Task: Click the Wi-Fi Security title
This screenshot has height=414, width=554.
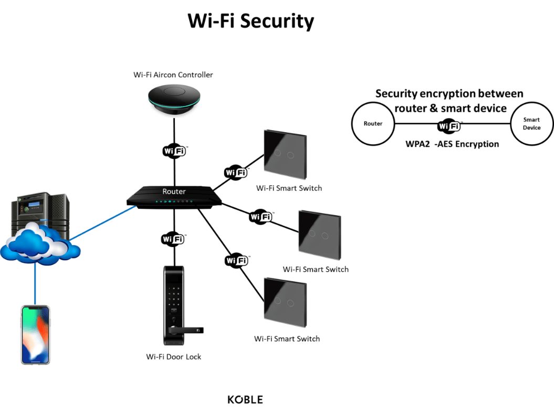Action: point(250,22)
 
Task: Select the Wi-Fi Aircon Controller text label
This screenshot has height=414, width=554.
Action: point(173,75)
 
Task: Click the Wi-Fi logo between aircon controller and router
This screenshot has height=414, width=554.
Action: point(173,151)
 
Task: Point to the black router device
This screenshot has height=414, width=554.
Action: point(174,197)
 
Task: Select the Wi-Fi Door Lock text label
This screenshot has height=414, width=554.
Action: point(173,357)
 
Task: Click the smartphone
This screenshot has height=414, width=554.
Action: point(35,335)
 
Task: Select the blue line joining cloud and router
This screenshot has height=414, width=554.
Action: point(102,223)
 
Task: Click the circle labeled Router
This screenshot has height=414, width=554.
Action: point(373,124)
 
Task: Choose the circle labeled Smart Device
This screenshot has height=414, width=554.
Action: point(531,124)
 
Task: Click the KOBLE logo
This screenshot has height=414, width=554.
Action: point(245,400)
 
